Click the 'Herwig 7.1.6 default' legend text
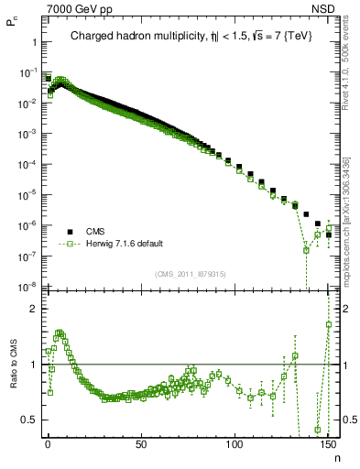[x=125, y=245]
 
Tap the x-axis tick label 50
[x=140, y=445]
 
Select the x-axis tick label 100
[x=235, y=445]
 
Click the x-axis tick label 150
[x=328, y=445]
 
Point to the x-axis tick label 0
[x=48, y=445]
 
